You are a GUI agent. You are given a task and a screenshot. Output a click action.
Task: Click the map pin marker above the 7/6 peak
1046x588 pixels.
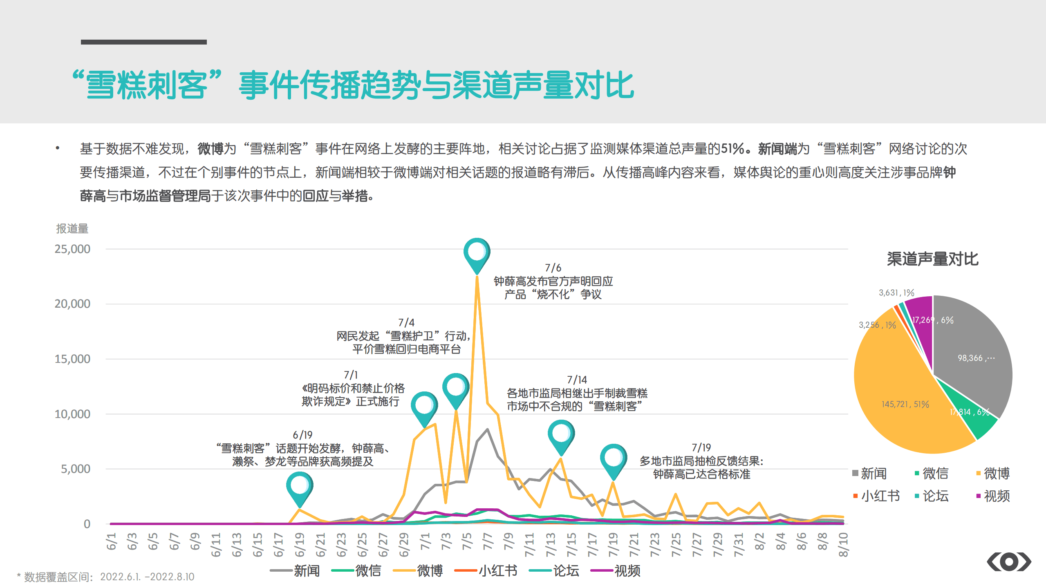[x=477, y=253]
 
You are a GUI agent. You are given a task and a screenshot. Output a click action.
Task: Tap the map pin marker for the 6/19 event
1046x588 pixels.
[x=300, y=487]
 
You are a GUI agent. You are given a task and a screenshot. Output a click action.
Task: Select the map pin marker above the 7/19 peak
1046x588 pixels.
[x=613, y=458]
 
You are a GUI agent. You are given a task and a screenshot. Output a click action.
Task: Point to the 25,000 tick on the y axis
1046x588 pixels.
[x=72, y=249]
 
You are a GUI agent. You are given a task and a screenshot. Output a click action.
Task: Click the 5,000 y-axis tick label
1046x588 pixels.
[x=76, y=469]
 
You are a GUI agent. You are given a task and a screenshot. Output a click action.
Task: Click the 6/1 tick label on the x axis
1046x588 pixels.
[x=111, y=541]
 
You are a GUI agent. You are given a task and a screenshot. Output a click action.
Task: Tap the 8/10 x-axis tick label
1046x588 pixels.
[x=843, y=544]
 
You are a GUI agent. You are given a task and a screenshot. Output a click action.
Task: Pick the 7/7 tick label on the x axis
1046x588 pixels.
[x=488, y=541]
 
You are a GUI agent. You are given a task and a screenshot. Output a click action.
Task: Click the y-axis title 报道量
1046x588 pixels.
[x=72, y=228]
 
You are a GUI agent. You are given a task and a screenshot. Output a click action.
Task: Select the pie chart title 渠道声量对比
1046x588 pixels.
[x=932, y=259]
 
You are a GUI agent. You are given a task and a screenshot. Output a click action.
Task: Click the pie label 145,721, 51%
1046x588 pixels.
[x=905, y=404]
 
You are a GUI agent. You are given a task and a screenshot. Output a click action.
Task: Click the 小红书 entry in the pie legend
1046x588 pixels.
[x=880, y=496]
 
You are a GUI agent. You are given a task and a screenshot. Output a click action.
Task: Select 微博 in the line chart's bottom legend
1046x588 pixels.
[x=429, y=570]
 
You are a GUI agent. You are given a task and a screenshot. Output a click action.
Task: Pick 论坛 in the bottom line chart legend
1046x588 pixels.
[x=566, y=570]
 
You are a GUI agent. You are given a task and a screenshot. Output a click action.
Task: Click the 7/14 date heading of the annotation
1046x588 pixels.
[x=577, y=380]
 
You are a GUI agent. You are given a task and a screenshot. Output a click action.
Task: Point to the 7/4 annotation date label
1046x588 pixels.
[x=406, y=322]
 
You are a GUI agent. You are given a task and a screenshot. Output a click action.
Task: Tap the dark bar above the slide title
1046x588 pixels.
[x=143, y=42]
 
